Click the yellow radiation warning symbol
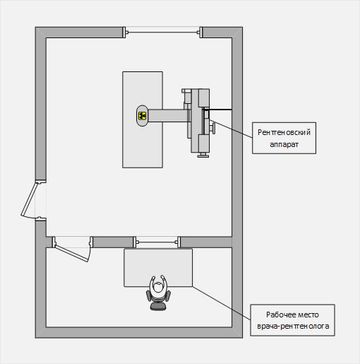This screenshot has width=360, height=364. (142, 116)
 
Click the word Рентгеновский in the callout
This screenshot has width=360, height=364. (284, 132)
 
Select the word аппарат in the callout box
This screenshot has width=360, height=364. (284, 144)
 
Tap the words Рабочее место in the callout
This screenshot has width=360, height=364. (292, 315)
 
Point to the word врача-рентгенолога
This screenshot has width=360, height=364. (293, 327)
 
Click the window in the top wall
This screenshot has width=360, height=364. (162, 33)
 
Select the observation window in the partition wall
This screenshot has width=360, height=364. (157, 242)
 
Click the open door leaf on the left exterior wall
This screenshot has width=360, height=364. (29, 199)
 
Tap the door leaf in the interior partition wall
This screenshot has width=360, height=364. (71, 253)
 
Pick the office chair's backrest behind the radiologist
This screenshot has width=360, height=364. (158, 306)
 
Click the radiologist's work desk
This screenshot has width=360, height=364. (158, 268)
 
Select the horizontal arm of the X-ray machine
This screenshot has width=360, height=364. (168, 115)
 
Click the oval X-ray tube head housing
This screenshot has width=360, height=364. (142, 116)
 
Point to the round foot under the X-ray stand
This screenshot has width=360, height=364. (203, 155)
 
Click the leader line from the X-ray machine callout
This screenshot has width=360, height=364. (231, 129)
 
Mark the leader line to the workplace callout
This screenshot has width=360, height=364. (221, 303)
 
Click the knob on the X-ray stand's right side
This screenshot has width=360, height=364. (213, 128)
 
